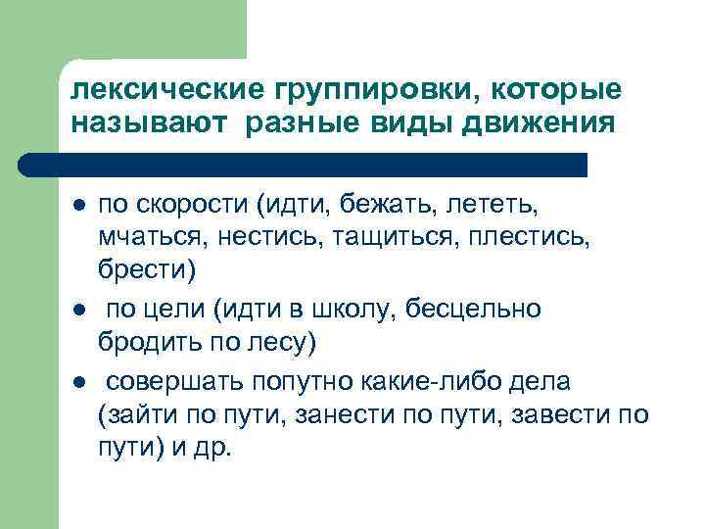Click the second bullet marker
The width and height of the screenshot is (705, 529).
coord(76,310)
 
